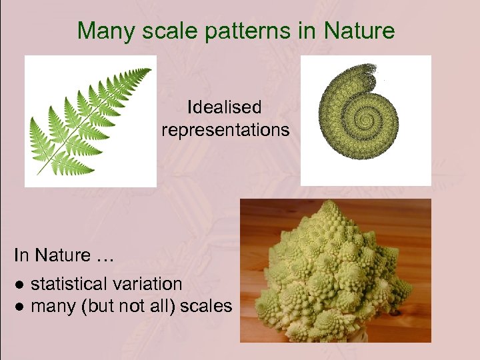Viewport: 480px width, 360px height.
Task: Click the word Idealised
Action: point(225,107)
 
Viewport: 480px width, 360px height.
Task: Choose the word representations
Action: point(225,129)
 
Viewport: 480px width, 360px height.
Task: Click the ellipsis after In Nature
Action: point(103,255)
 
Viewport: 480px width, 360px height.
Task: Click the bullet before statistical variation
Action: point(20,285)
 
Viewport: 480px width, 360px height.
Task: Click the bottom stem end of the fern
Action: point(38,174)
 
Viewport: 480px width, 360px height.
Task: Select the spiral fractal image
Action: point(366,120)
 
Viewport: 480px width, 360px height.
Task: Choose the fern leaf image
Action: point(90,121)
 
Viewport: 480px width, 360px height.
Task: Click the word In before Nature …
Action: point(21,255)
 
